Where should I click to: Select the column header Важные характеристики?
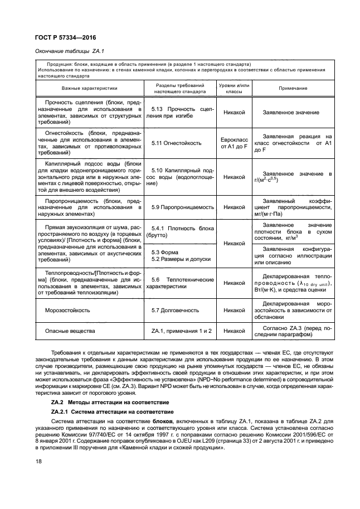(89, 88)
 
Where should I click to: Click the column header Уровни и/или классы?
(234, 88)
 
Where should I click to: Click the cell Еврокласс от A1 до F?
(234, 143)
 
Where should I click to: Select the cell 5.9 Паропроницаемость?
(183, 207)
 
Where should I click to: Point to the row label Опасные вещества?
(66, 331)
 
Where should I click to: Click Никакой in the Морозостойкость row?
(234, 309)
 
